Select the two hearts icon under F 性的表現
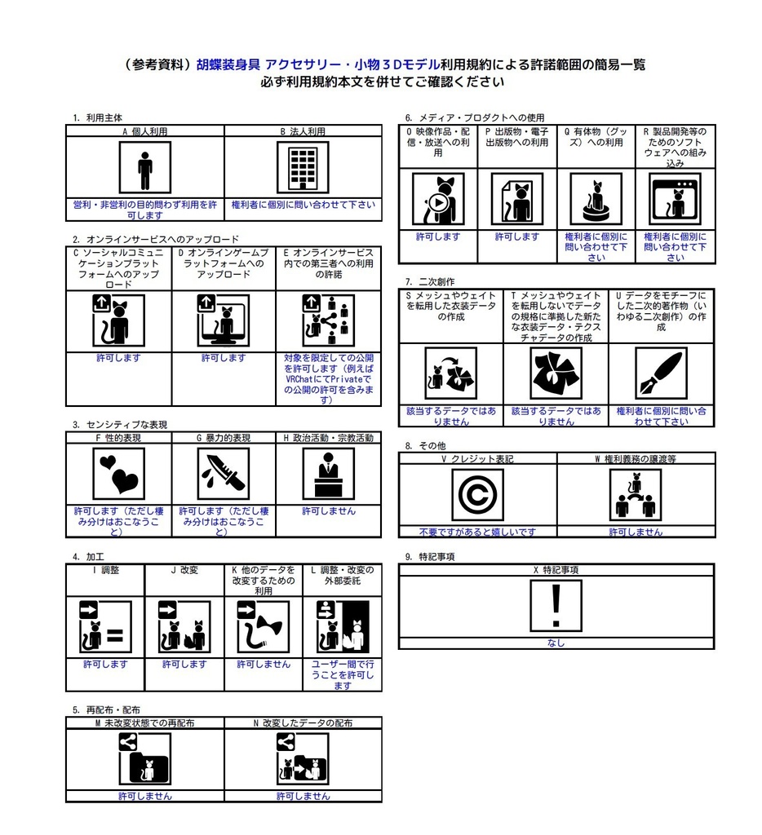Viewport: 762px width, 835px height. click(118, 474)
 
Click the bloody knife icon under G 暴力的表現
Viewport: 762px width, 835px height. click(224, 474)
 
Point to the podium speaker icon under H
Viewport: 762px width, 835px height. click(328, 474)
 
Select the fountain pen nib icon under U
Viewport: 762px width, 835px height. click(661, 373)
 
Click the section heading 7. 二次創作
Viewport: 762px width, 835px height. click(429, 281)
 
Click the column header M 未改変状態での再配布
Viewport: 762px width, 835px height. click(144, 722)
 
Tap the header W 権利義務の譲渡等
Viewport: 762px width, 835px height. click(636, 459)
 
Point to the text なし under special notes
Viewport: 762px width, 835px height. click(556, 643)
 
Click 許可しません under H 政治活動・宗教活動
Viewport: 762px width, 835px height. click(328, 511)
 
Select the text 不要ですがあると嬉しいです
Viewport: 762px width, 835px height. click(477, 532)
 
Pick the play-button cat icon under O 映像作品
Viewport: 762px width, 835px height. click(438, 198)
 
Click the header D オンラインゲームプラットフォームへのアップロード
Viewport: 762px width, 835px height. click(224, 264)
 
